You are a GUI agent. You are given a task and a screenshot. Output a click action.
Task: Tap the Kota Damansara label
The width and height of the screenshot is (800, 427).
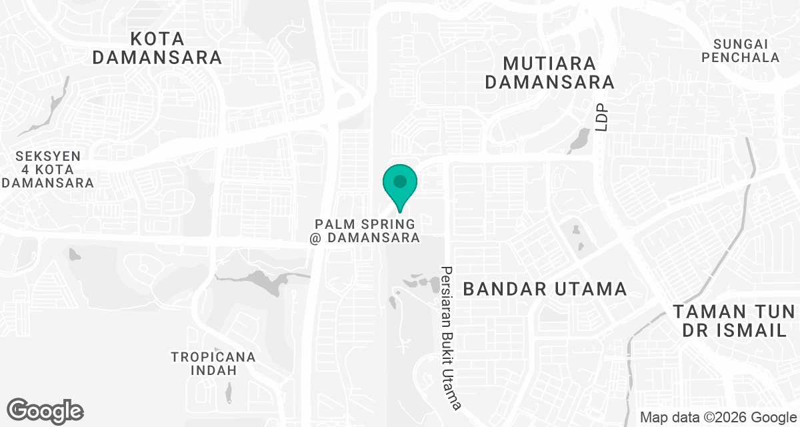157,47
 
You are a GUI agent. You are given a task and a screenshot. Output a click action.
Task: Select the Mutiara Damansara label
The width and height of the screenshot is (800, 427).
549,73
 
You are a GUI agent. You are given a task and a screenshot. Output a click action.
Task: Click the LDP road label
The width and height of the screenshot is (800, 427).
603,117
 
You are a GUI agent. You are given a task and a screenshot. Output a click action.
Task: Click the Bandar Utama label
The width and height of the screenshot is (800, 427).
545,289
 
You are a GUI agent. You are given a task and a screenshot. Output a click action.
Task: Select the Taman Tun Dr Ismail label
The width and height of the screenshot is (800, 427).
733,321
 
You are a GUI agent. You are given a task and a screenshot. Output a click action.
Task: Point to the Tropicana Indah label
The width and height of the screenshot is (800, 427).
213,364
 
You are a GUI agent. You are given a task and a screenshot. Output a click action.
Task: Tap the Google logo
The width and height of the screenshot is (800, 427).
45,410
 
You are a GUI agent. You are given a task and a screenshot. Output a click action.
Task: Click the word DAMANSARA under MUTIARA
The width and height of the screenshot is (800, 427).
549,83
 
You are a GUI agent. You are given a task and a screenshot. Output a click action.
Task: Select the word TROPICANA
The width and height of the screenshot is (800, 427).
213,357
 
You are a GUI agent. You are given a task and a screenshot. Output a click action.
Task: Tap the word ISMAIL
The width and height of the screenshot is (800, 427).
755,331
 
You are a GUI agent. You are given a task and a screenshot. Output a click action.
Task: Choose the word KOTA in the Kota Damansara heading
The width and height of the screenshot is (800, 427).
157,38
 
